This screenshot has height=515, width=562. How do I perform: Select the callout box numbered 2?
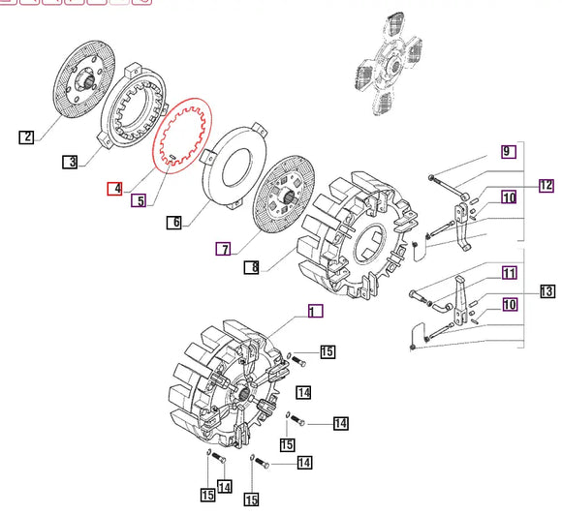click(x=26, y=137)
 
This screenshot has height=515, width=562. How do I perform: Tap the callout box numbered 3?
click(x=70, y=162)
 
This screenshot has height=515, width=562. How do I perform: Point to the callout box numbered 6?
click(x=173, y=223)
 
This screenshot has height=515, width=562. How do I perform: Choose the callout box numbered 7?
click(x=223, y=249)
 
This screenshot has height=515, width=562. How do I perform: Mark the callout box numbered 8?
click(x=251, y=266)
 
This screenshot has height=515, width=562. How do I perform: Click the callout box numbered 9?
click(x=507, y=151)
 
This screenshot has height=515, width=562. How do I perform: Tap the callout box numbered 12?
click(x=546, y=184)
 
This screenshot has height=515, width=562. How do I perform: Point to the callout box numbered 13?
click(x=546, y=291)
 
